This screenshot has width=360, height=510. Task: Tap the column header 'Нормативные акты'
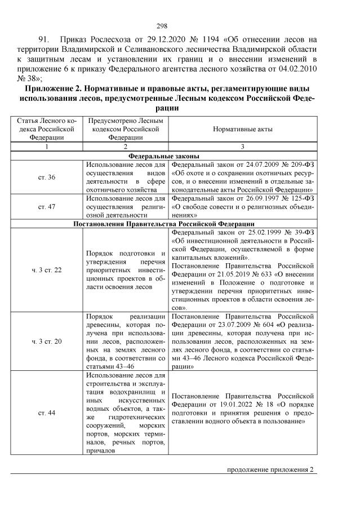tap(243, 128)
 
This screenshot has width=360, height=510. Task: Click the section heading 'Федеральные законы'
tap(163, 156)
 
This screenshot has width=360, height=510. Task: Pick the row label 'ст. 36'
tap(47, 178)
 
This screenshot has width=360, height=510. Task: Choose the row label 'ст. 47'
tap(47, 207)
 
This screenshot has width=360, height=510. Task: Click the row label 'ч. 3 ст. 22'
tap(47, 270)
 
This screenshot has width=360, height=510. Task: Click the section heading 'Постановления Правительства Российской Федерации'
tap(163, 223)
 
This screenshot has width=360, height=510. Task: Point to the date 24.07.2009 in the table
tap(244, 165)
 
